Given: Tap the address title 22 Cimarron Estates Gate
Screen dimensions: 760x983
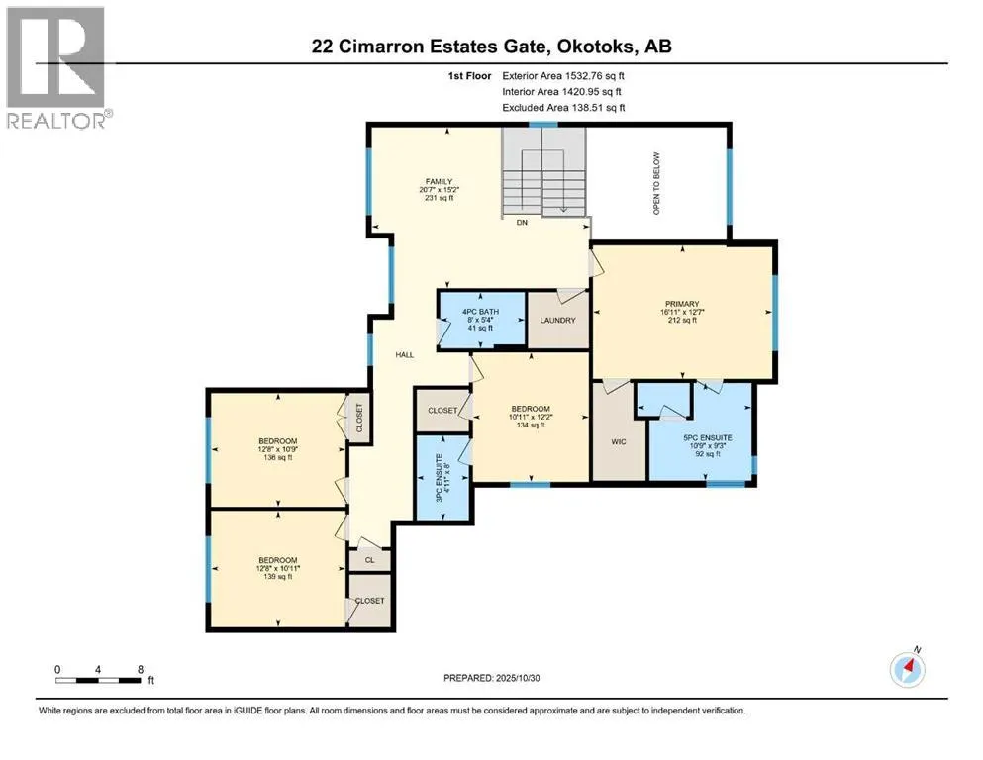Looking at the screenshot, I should [491, 47].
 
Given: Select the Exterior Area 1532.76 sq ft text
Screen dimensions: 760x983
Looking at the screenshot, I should [564, 75].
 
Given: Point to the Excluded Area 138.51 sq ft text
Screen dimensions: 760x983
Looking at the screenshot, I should [564, 107].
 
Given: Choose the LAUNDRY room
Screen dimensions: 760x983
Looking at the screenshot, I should [557, 321].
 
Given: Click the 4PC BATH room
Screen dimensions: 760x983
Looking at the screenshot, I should [482, 319].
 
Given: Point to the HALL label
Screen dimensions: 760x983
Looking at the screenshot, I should [405, 354].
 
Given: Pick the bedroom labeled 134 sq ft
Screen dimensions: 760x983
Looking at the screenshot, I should [530, 415].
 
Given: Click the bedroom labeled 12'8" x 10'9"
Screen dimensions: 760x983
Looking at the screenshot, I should [278, 448].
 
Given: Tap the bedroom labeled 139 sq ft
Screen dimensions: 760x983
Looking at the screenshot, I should [278, 568].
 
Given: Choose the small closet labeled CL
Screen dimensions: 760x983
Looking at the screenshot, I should [369, 559].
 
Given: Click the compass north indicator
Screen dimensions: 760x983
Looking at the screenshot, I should [908, 668].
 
